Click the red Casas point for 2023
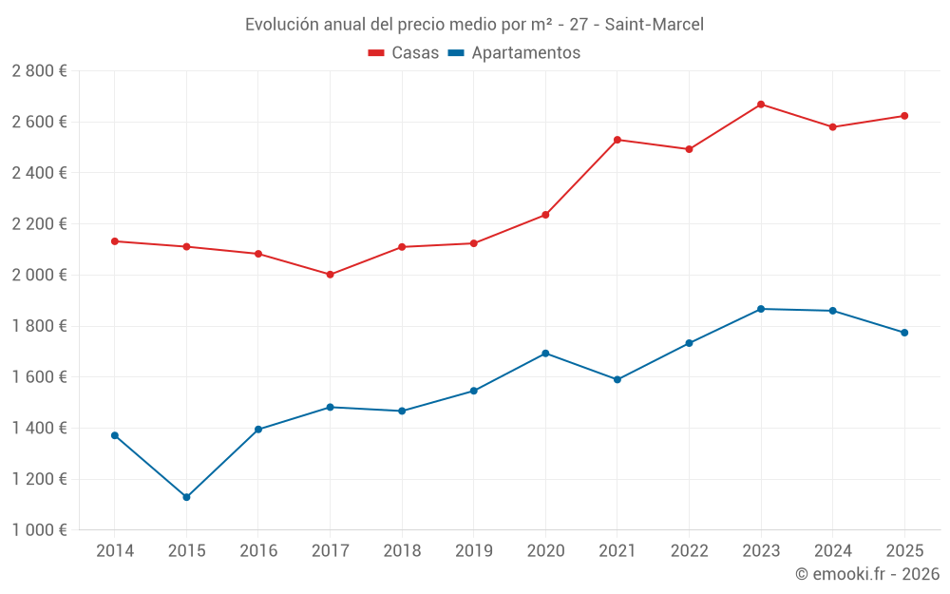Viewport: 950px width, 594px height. (761, 104)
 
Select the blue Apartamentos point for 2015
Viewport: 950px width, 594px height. (186, 497)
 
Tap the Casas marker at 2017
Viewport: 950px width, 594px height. (330, 275)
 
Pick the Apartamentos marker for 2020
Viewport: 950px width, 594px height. (545, 354)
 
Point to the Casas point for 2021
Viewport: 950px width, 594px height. (617, 140)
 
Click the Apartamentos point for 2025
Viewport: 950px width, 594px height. (904, 333)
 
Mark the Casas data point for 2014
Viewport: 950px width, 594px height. (115, 241)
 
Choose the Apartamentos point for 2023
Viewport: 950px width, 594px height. (761, 309)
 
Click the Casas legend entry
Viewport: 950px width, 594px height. (404, 53)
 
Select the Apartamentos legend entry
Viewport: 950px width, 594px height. (514, 53)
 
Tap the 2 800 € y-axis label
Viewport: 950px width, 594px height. (39, 71)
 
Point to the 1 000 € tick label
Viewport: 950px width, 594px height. (39, 530)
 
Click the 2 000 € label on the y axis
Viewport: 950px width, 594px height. (39, 275)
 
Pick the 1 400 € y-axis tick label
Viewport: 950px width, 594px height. (39, 428)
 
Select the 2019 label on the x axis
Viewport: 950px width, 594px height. (473, 551)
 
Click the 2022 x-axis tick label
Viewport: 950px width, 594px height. (689, 551)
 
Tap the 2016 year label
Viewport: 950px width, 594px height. (258, 551)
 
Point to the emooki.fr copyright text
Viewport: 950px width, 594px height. (866, 574)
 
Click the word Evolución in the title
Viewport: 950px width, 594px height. (281, 25)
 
